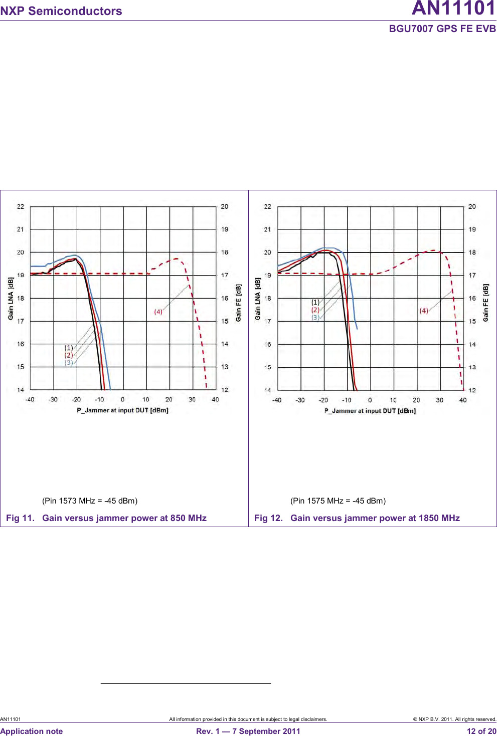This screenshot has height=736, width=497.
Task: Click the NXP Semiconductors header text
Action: coord(61,11)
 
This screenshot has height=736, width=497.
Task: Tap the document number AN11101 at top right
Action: coord(453,9)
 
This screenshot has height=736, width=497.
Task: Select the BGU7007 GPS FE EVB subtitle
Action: coord(442,29)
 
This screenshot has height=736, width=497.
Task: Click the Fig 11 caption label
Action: coord(20,518)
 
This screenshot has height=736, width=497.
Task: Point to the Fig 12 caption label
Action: coord(268,518)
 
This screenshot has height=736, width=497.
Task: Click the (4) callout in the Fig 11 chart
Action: coord(158,312)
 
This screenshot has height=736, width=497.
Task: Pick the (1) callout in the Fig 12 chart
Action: coord(315,302)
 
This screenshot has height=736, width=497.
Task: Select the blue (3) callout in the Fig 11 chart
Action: coord(69,362)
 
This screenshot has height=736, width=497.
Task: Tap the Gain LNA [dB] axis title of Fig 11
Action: coord(11,299)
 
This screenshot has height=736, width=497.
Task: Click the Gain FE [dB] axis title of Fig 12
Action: coord(485,303)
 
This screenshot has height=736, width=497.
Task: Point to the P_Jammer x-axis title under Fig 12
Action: coord(370,411)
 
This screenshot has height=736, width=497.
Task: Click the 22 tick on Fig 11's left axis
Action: coord(21,206)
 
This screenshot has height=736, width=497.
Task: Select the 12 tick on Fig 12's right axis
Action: coord(472,390)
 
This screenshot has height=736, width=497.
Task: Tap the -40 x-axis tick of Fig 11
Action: coord(30,400)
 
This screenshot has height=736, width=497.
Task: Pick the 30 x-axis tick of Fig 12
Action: coord(439,400)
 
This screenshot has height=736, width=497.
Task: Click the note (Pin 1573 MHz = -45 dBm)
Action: coord(90,501)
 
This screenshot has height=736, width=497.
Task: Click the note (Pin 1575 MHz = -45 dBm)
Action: coord(338,501)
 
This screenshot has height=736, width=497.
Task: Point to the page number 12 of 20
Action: coord(481,731)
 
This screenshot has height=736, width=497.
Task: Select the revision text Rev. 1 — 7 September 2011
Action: coord(248,731)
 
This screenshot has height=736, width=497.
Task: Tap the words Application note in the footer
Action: coord(32,731)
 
